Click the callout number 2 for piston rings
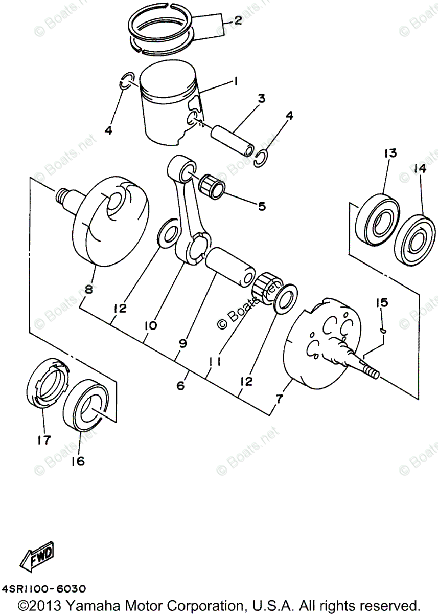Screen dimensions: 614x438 (238, 21)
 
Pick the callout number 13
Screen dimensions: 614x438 (389, 153)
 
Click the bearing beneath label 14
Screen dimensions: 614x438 (415, 236)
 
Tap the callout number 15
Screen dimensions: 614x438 (382, 303)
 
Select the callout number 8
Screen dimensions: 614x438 (88, 289)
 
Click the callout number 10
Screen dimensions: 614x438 (151, 324)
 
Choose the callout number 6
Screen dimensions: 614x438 (180, 386)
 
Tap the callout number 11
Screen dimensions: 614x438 (214, 361)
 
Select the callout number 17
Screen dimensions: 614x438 (44, 440)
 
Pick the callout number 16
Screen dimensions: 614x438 (78, 461)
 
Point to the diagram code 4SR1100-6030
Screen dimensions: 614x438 (43, 589)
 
